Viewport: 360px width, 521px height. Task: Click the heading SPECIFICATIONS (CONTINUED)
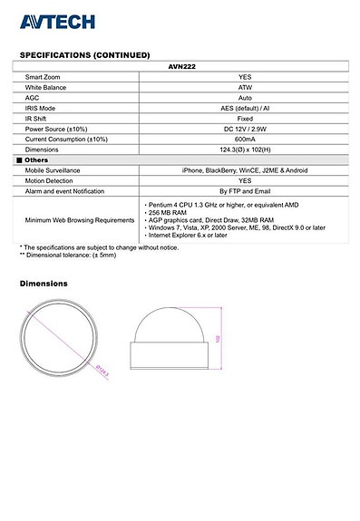tap(84, 55)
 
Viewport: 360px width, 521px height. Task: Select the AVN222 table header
tap(182, 66)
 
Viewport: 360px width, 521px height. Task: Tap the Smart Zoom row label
tap(43, 77)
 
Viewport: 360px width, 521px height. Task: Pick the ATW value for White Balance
tap(245, 87)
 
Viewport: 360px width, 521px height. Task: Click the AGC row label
tap(32, 97)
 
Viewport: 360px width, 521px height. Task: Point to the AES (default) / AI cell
tap(245, 108)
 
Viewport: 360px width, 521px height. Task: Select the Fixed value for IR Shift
tap(245, 118)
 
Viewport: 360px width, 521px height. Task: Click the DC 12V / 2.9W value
tap(245, 129)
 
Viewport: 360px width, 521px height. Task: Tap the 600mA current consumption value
tap(245, 139)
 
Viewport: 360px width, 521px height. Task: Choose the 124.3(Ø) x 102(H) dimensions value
tap(245, 150)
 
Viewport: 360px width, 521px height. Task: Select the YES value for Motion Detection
tap(245, 180)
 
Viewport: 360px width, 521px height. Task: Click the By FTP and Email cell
tap(245, 191)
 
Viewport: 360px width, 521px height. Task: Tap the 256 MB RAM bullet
tap(170, 213)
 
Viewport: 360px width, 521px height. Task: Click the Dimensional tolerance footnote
tap(69, 256)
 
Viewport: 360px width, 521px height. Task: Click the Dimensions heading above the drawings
tap(44, 284)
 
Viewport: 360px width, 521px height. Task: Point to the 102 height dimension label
tap(219, 337)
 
